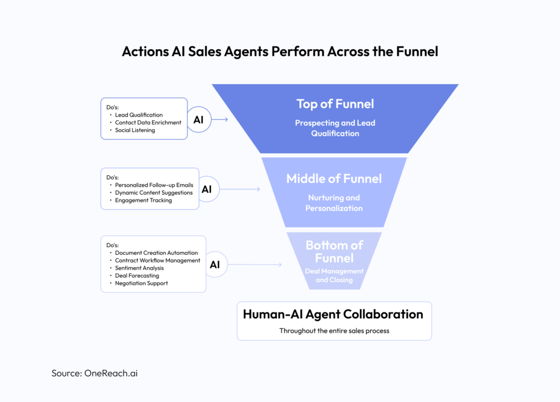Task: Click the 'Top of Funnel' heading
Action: (335, 104)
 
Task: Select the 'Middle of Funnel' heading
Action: (334, 178)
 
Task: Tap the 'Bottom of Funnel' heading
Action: (334, 252)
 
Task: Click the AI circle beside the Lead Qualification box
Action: (199, 119)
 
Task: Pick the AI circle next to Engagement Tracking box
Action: (206, 189)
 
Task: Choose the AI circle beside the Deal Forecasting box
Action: (215, 264)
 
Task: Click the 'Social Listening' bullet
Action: (135, 130)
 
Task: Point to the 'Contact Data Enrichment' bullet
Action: (148, 123)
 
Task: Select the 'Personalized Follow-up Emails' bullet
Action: (154, 185)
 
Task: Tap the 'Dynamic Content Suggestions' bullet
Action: (154, 193)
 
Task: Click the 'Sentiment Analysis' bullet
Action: (139, 268)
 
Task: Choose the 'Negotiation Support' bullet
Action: (141, 283)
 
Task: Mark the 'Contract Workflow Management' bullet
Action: (157, 260)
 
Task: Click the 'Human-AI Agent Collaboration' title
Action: (333, 314)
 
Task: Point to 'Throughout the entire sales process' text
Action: (334, 331)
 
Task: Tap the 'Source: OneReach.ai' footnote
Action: (99, 373)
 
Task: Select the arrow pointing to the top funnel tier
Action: (220, 119)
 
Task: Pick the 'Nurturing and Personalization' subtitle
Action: (334, 203)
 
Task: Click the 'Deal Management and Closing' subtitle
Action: (334, 275)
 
